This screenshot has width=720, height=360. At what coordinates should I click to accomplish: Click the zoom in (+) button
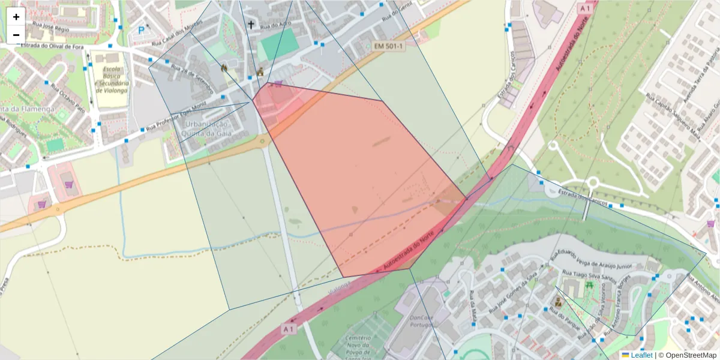pyautogui.click(x=16, y=17)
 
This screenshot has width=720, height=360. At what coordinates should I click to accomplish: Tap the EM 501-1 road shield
pyautogui.click(x=389, y=46)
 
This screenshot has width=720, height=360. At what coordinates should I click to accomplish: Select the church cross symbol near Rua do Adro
pyautogui.click(x=251, y=25)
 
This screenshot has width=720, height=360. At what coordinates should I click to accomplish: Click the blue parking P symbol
pyautogui.click(x=142, y=30)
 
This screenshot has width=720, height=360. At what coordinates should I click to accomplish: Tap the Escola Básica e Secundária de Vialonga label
pyautogui.click(x=112, y=81)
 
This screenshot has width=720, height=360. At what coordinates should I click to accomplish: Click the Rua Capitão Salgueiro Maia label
pyautogui.click(x=673, y=114)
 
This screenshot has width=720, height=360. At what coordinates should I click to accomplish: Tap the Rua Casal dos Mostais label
pyautogui.click(x=178, y=32)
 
